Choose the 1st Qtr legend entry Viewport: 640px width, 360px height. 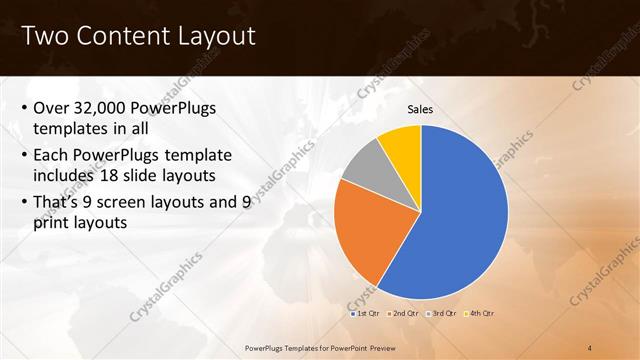(365, 314)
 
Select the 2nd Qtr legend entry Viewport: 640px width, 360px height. (404, 314)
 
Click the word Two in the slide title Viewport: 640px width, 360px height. (43, 37)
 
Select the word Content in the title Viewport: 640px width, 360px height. (118, 37)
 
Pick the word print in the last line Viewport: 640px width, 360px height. (53, 223)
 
